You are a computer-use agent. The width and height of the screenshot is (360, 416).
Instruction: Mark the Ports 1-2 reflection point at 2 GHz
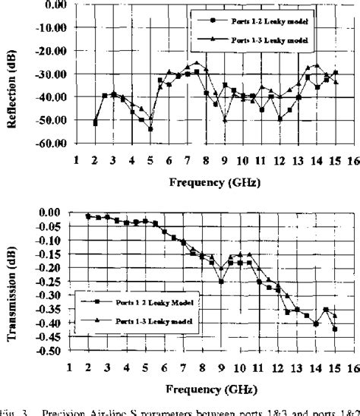tap(95, 123)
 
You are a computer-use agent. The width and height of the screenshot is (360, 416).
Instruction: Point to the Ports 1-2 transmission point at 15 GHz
tap(335, 329)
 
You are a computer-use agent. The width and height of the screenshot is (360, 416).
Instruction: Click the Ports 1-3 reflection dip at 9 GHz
tap(225, 119)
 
